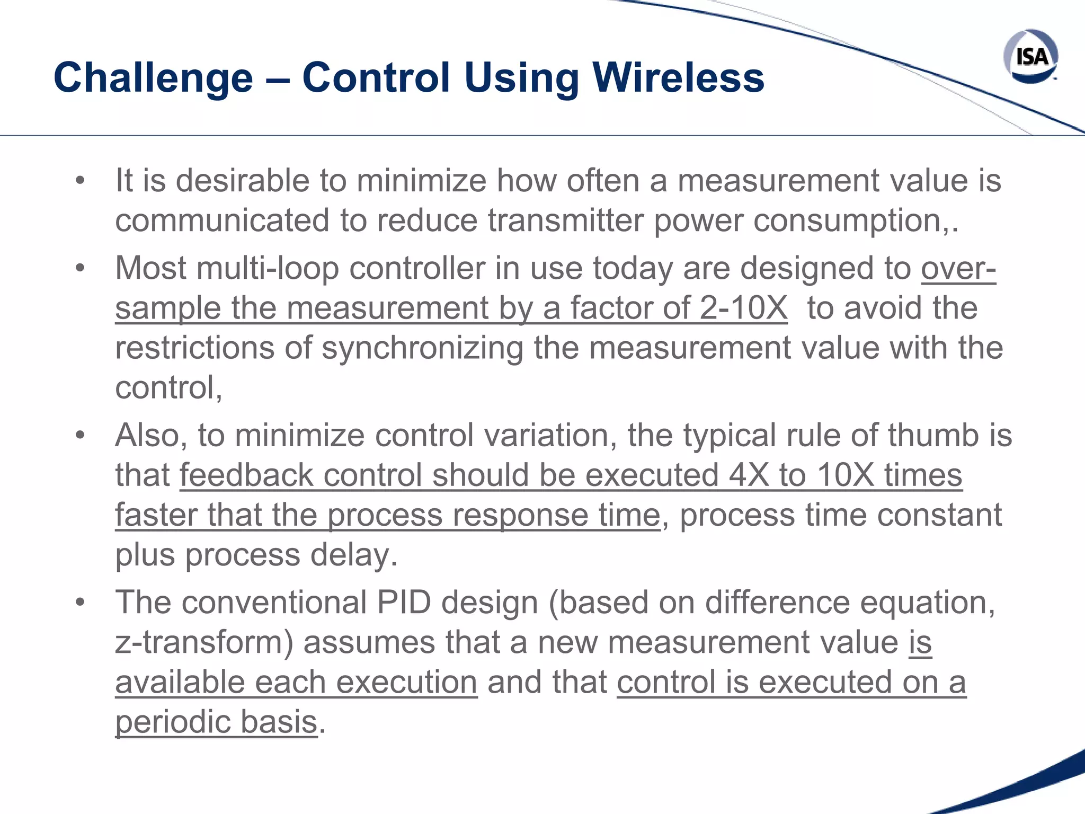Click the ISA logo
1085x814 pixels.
(1030, 56)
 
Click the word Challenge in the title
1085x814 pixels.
(153, 78)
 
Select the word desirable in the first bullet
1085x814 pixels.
(243, 180)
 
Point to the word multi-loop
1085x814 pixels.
(267, 268)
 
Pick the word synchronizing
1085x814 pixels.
(422, 348)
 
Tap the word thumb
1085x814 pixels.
(933, 435)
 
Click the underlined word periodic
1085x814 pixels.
(172, 722)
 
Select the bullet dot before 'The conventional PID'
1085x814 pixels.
(80, 603)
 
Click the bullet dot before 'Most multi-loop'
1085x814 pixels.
(80, 268)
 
